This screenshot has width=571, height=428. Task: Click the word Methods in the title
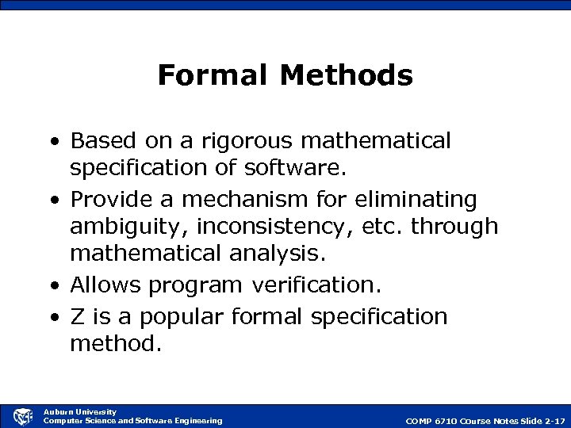pos(347,75)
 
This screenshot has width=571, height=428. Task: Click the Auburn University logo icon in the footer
pos(23,415)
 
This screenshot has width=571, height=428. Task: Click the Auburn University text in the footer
pos(79,411)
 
